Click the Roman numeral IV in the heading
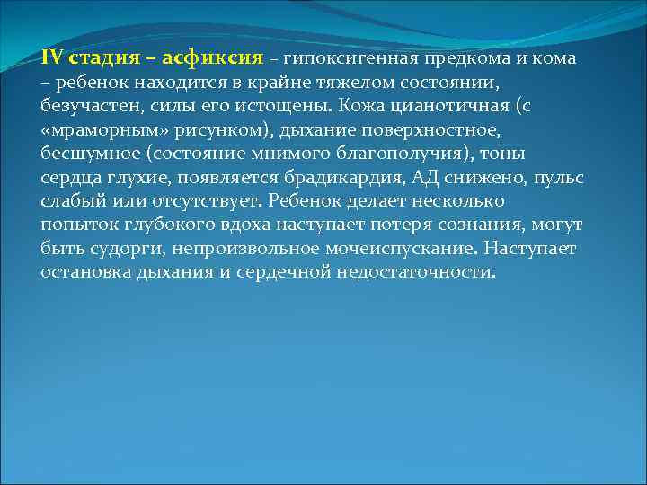click(x=50, y=58)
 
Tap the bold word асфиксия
click(x=213, y=58)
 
